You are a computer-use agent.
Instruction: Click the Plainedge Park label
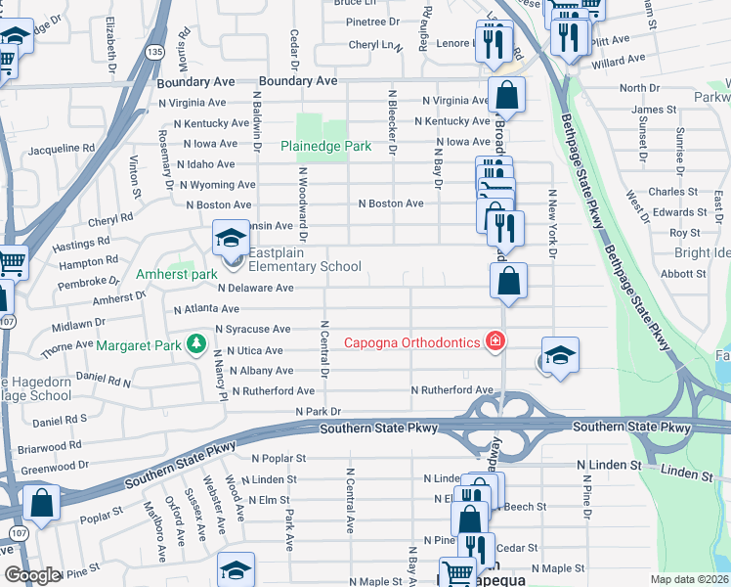[x=325, y=146]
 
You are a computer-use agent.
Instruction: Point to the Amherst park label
[x=177, y=275]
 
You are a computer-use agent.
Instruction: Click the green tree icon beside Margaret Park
[x=196, y=343]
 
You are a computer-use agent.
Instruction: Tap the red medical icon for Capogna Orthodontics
[x=496, y=341]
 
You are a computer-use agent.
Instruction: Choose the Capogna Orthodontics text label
[x=412, y=341]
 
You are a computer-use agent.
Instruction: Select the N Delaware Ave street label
[x=255, y=289]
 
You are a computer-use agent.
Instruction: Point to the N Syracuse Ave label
[x=253, y=330]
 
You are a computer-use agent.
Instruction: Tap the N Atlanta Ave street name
[x=206, y=309]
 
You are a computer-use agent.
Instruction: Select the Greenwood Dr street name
[x=56, y=467]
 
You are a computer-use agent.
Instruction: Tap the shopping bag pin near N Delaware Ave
[x=508, y=281]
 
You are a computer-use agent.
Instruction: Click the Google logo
[x=32, y=575]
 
